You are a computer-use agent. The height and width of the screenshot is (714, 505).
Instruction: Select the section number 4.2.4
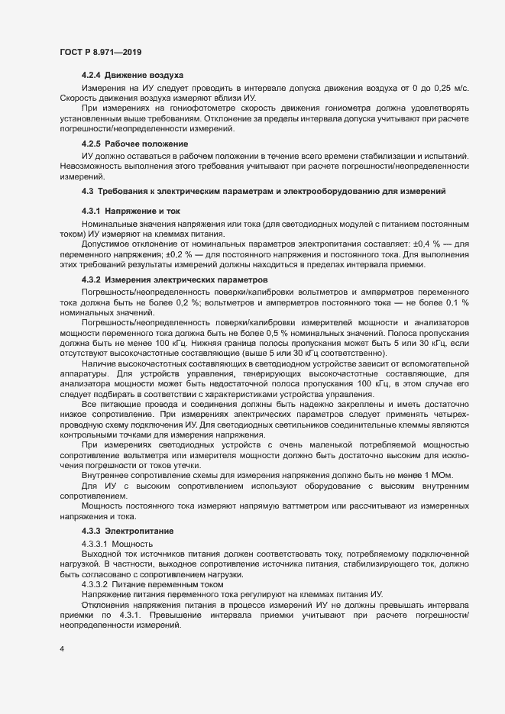91,75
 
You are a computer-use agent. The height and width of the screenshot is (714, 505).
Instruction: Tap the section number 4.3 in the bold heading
86,189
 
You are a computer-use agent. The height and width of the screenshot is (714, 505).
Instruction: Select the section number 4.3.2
91,279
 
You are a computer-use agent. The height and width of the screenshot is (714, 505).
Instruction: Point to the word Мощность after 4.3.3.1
134,543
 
